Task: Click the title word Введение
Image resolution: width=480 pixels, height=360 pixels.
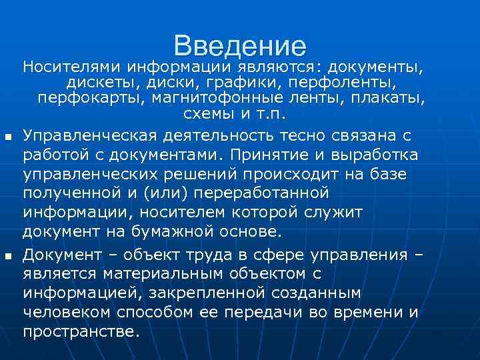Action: (240, 45)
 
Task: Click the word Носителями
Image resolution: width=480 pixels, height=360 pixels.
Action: (71, 67)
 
